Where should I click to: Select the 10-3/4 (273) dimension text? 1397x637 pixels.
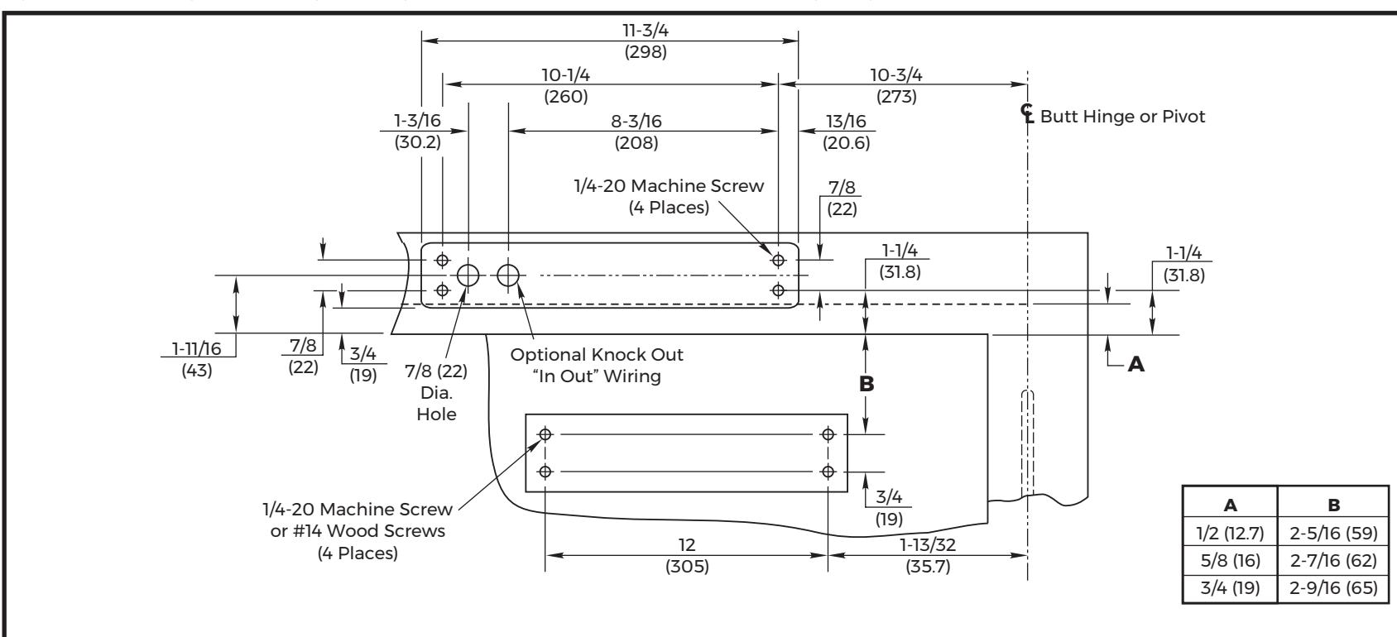(x=896, y=85)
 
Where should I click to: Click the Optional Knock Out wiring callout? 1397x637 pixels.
(x=597, y=366)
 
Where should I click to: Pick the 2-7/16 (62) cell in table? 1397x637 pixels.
(x=1333, y=560)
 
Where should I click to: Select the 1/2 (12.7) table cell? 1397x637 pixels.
(x=1230, y=534)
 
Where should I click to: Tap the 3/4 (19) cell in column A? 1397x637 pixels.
(x=1230, y=587)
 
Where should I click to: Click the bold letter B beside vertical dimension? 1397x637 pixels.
(x=867, y=384)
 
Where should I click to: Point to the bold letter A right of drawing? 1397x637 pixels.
(x=1136, y=364)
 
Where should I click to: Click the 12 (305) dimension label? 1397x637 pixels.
(x=687, y=555)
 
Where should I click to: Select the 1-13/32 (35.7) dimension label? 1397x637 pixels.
(x=928, y=555)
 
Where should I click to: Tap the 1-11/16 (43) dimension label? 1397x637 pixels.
(x=196, y=359)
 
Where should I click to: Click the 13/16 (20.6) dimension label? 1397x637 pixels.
(x=847, y=132)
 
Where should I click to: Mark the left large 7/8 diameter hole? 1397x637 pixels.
(x=468, y=275)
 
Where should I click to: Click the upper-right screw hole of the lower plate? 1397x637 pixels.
(x=828, y=433)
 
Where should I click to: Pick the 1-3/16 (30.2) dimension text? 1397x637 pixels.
(x=417, y=131)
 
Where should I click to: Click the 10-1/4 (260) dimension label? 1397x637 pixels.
(x=565, y=85)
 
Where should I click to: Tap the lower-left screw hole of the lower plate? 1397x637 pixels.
(x=545, y=472)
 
